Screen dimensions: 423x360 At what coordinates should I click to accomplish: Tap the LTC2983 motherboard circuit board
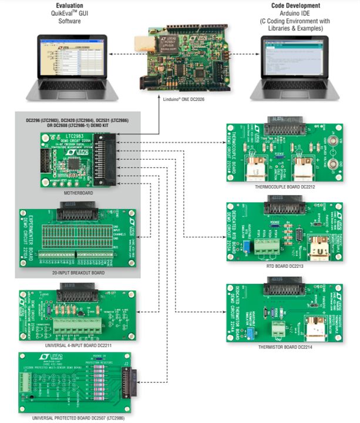coord(77,159)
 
